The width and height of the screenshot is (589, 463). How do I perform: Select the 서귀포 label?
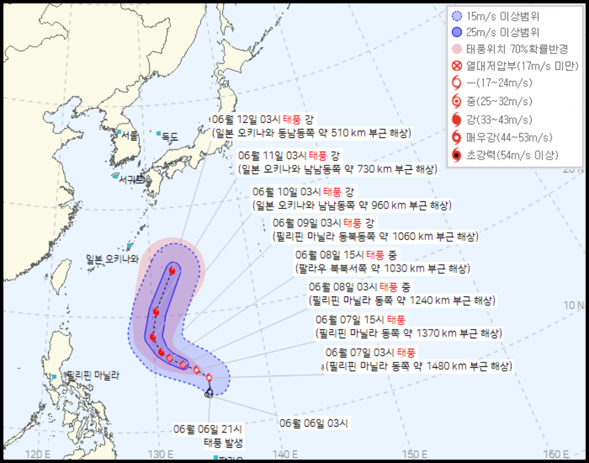[x=131, y=180]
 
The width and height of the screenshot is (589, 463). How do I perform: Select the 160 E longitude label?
[x=556, y=453]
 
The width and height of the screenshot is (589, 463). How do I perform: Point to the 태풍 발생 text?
[x=223, y=443]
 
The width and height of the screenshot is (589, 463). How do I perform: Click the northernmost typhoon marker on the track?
[x=172, y=270]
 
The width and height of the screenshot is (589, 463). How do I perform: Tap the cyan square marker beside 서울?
[x=119, y=132]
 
